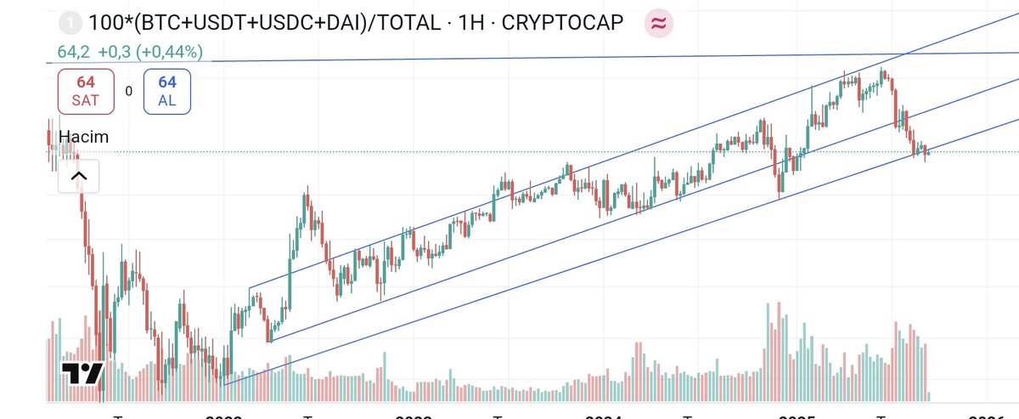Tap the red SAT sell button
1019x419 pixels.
click(x=86, y=91)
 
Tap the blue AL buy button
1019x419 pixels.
click(x=166, y=91)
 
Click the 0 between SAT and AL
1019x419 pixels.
click(x=128, y=91)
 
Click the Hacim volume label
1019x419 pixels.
click(x=83, y=137)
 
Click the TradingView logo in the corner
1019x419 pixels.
click(x=82, y=374)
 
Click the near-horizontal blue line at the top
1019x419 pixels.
click(x=594, y=56)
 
